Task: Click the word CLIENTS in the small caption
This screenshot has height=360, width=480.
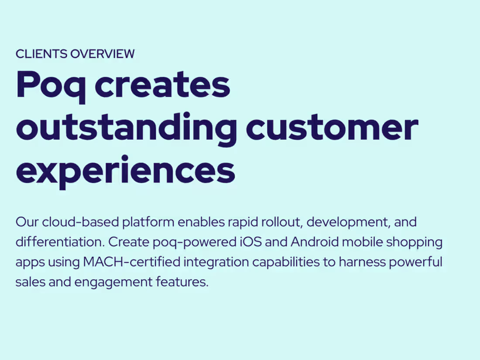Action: click(x=41, y=54)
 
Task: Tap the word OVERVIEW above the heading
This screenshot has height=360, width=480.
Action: click(x=103, y=54)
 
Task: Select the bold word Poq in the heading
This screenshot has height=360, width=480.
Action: click(x=51, y=86)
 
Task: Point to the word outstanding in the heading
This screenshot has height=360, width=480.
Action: click(x=126, y=128)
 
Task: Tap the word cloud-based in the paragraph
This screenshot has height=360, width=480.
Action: click(x=81, y=222)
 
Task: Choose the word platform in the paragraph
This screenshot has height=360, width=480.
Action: click(x=148, y=223)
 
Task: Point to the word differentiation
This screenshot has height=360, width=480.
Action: click(x=60, y=242)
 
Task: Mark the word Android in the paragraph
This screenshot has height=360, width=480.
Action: click(x=314, y=242)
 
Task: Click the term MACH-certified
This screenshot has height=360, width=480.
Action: click(x=132, y=262)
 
